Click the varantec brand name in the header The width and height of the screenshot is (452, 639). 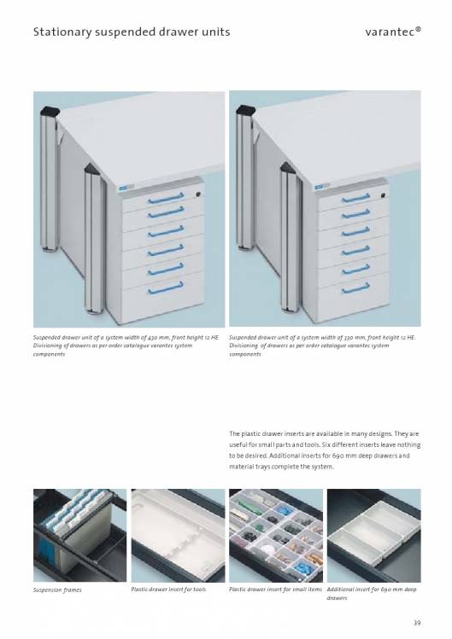coord(393,32)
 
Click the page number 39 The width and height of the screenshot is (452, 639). coord(417,623)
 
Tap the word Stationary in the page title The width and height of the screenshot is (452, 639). coord(62,32)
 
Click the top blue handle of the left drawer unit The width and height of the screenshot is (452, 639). coord(166,199)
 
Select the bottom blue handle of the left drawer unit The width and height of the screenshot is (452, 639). coord(166,288)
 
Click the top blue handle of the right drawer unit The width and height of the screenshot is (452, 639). coord(356,199)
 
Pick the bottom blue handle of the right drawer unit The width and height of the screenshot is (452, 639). coord(356,288)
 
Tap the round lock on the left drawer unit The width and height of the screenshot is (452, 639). coord(198,195)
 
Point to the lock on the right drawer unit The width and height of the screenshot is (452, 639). coord(384,195)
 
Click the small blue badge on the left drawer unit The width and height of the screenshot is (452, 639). coord(125,188)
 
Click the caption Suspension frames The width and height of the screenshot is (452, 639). coord(57,590)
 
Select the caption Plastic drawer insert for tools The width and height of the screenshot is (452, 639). coord(168,590)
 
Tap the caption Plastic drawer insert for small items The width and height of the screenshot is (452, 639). coord(275,590)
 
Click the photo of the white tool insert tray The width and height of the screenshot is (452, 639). coord(178,536)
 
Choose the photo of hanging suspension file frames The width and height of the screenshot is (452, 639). coord(80,536)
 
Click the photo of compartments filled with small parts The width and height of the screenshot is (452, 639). coord(276,536)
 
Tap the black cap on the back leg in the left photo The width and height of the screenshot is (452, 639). coord(50,111)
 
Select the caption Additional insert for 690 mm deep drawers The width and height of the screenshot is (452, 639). coord(372,594)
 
